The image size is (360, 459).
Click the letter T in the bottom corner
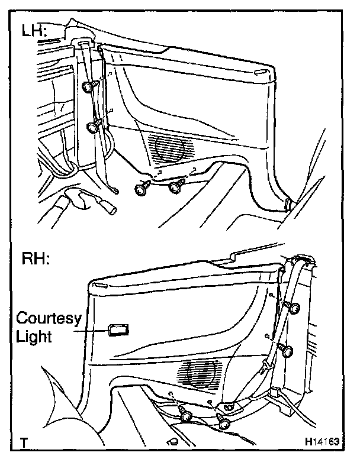(23, 442)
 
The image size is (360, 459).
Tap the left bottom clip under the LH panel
(142, 189)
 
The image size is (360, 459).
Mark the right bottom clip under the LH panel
(175, 188)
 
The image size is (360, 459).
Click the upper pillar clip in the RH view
(294, 308)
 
